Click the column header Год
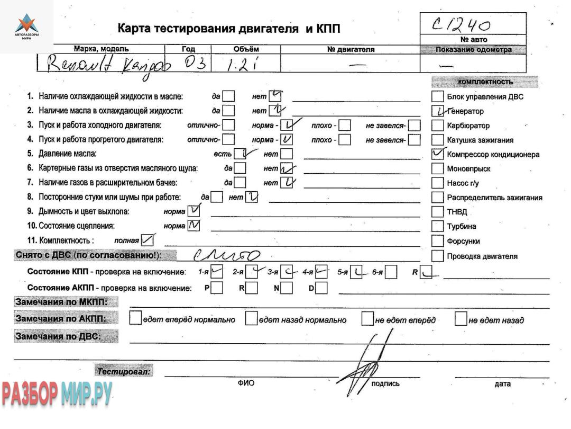coord(188,49)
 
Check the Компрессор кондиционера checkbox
coord(437,154)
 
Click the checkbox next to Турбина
coord(437,226)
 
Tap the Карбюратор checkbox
coord(437,126)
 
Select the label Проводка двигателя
coord(482,256)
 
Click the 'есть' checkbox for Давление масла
coord(241,154)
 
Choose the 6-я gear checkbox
coord(391,273)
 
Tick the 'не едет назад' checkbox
coord(461,319)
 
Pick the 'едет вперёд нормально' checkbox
coord(136,319)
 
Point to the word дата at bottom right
coord(502,384)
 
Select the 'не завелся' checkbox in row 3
coord(415,126)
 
